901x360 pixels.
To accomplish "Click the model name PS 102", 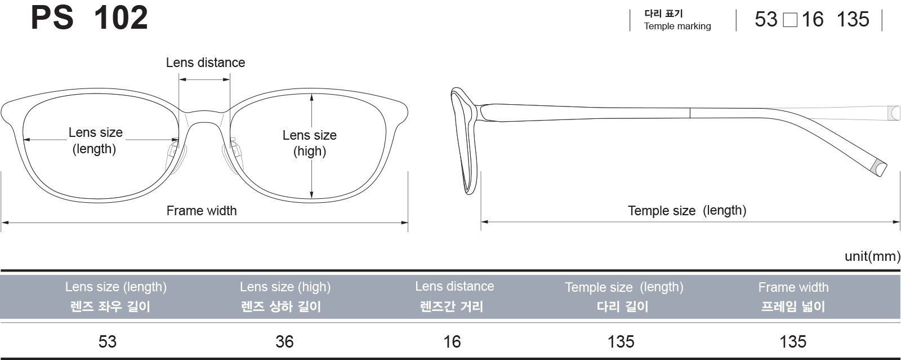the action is [x=90, y=17].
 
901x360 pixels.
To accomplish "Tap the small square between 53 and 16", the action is [x=790, y=20].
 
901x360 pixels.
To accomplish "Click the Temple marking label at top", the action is [x=677, y=26].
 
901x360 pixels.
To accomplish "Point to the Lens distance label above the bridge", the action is [x=206, y=63].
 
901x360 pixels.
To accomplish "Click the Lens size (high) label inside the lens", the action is [x=309, y=143].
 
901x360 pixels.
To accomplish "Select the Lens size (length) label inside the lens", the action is [x=95, y=140].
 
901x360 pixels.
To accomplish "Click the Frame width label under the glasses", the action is [x=202, y=211].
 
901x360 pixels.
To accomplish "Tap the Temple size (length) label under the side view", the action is [x=687, y=211].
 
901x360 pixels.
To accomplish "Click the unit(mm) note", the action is [x=872, y=256].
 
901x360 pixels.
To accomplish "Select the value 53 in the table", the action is [x=108, y=342].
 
